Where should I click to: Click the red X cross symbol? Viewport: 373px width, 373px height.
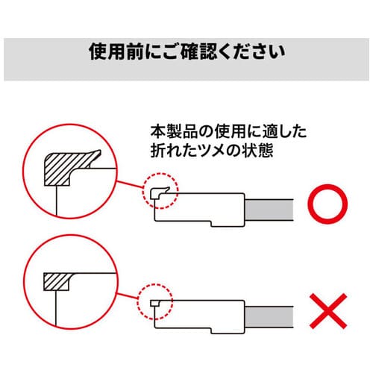pos(328,311)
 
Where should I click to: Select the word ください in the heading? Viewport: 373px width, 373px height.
pos(253,52)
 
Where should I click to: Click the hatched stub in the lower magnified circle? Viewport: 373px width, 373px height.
pos(57,281)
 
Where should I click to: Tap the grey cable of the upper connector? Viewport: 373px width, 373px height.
pos(269,210)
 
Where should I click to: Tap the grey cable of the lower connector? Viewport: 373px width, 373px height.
pos(269,317)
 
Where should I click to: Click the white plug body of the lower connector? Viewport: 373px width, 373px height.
pos(199,316)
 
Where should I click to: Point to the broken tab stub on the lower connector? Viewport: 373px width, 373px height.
pos(154,304)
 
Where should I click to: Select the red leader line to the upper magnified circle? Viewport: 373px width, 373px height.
pos(130,184)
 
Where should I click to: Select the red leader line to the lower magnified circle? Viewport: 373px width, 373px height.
pos(128,295)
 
